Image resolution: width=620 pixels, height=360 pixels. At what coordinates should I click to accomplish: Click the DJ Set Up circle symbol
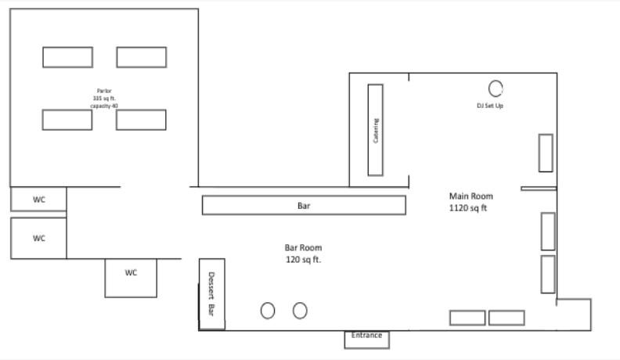(496, 88)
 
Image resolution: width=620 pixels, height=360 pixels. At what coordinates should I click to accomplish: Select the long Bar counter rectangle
(304, 205)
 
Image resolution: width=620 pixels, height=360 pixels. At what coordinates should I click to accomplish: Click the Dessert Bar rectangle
(211, 293)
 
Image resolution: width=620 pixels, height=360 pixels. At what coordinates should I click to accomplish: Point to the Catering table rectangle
(376, 130)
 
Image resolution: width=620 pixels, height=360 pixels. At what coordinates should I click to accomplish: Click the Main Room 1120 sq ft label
(470, 202)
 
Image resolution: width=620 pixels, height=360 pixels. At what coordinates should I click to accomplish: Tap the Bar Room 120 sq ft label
(303, 253)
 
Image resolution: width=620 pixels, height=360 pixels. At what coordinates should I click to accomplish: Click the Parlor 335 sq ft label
(103, 98)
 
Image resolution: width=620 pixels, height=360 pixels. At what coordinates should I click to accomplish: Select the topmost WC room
(38, 200)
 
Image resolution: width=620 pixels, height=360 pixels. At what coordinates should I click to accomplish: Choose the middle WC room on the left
(38, 238)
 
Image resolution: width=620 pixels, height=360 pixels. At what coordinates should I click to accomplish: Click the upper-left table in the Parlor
(67, 57)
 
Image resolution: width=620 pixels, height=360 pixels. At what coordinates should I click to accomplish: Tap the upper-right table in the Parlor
(142, 57)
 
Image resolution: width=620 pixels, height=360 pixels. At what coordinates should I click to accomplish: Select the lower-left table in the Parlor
(67, 120)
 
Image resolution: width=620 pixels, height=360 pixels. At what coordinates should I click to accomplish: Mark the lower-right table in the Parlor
(142, 120)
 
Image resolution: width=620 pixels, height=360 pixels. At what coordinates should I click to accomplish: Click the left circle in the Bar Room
(268, 311)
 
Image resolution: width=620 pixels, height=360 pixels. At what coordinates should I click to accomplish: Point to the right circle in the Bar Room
(300, 311)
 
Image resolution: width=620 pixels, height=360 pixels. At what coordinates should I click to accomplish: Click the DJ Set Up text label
(490, 105)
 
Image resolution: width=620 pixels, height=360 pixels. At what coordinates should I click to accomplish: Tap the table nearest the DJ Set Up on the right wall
(546, 153)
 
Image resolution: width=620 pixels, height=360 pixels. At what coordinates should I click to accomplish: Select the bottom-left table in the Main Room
(467, 318)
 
